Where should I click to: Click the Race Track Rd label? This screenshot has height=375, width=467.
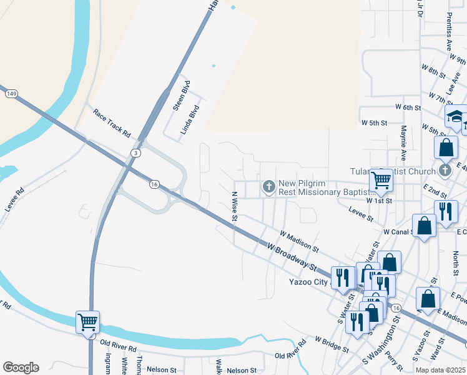click(111, 124)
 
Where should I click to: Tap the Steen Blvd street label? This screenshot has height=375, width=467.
click(181, 96)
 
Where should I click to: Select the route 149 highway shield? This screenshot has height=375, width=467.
click(11, 93)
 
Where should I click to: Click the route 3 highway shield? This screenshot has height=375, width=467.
click(135, 152)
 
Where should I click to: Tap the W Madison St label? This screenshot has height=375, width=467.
click(300, 241)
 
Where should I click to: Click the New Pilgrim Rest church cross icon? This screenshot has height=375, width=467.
click(269, 186)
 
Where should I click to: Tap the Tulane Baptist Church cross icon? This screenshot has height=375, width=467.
click(445, 170)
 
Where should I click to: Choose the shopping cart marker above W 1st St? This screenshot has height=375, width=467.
click(381, 181)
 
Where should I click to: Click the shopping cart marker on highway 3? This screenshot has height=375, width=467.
click(87, 322)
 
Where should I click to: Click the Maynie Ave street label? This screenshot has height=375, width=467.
click(404, 142)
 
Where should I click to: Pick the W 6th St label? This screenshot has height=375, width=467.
click(408, 107)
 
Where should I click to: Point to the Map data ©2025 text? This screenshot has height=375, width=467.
click(440, 370)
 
